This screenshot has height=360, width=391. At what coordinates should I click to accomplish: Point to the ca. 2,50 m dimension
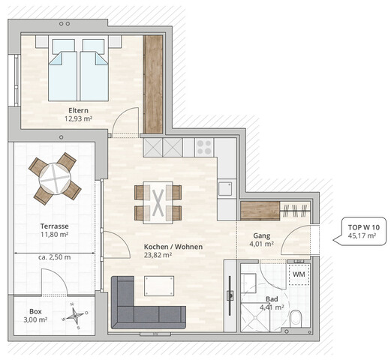(55, 257)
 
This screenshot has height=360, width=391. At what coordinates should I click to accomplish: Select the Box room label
(35, 311)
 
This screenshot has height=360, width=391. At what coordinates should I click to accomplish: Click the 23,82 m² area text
(158, 255)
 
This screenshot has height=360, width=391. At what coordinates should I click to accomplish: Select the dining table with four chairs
(158, 202)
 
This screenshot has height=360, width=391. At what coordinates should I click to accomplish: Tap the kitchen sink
(226, 188)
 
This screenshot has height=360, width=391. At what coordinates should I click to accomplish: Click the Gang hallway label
(262, 234)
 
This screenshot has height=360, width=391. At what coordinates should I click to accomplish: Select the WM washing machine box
(298, 274)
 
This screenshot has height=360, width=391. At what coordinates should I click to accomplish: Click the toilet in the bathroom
(297, 317)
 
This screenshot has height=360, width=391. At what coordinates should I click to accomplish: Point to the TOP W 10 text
(363, 226)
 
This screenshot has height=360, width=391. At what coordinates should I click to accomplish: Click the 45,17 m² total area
(363, 236)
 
